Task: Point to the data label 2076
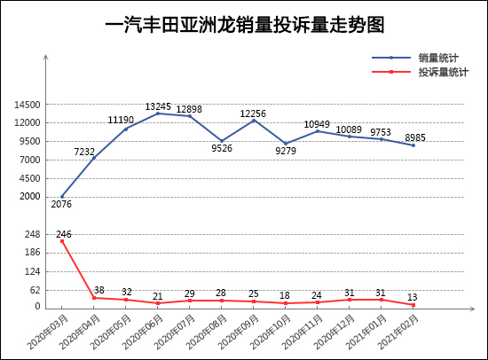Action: [x=61, y=205]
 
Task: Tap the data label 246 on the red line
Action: [x=63, y=234]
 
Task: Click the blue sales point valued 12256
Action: [x=254, y=121]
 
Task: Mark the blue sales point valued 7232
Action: [x=94, y=158]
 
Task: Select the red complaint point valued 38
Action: [x=94, y=298]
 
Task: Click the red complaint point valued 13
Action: [x=413, y=305]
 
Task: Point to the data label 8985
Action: [x=415, y=137]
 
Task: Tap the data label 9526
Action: [x=222, y=149]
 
